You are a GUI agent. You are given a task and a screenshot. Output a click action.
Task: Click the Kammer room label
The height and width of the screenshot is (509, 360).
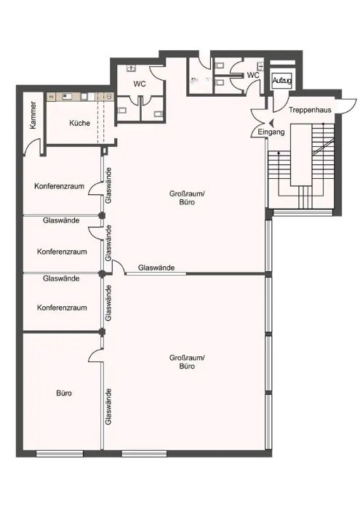point(33,115)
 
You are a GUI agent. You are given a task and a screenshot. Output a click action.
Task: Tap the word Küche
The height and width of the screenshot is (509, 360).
point(79,123)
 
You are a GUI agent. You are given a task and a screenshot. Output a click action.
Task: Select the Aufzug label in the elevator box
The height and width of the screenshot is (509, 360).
point(281,80)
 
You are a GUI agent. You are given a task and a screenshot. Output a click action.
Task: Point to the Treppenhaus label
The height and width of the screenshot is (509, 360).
point(310,110)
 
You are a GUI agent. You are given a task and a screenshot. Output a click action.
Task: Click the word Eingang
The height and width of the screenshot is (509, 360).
point(271,132)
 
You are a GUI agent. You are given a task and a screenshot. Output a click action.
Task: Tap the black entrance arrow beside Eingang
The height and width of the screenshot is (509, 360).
point(271,123)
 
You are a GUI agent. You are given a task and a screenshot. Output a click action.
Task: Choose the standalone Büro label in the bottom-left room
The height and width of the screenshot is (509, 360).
point(64,393)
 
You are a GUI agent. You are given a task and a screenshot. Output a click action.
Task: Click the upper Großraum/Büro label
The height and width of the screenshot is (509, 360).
point(187,198)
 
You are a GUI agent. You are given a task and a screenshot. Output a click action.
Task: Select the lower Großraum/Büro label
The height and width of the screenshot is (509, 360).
point(187,361)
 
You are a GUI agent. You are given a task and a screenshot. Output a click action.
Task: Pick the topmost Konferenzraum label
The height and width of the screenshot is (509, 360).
point(59,186)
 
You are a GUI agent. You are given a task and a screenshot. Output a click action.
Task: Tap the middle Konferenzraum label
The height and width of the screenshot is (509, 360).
point(62,252)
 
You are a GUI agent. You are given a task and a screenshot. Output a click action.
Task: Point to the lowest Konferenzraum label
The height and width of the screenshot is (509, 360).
point(62,308)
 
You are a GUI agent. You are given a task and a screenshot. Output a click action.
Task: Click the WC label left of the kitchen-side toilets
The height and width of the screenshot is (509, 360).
point(140,84)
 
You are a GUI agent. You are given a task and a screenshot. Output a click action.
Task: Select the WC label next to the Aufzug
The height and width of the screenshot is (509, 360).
point(253,76)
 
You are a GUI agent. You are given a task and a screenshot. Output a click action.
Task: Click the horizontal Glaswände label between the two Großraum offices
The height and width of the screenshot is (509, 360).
point(156,268)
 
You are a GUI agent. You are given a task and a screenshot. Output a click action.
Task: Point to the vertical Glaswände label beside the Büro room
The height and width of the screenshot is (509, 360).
point(108,406)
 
